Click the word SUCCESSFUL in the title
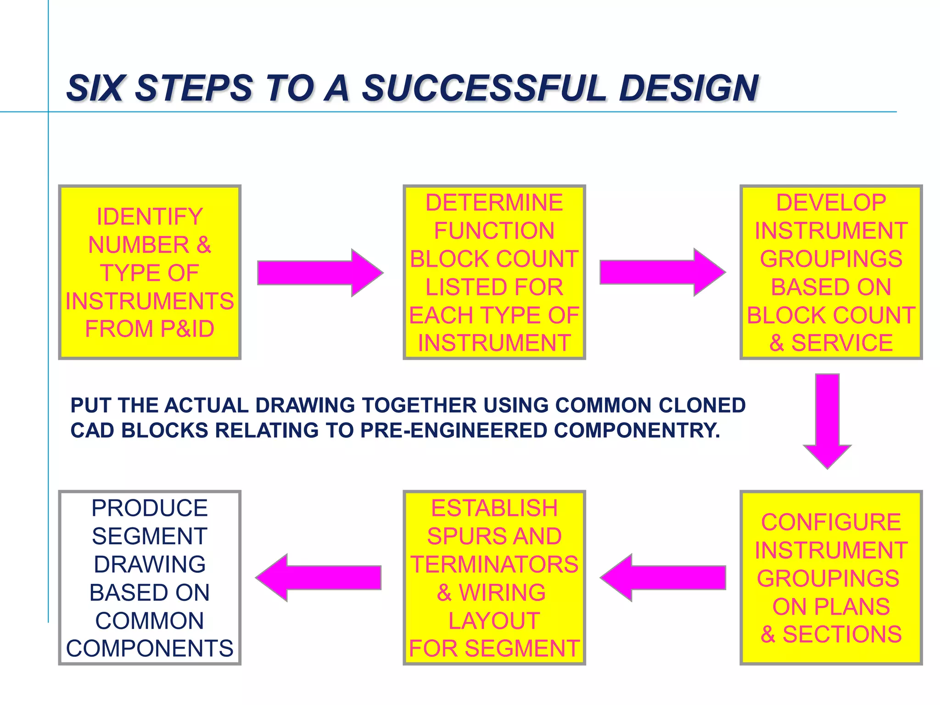pos(484,88)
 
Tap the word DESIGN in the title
pos(688,88)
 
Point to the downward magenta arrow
pos(827,420)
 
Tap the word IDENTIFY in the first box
pos(150,217)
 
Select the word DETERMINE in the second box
pos(494,203)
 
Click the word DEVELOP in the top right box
pos(831,203)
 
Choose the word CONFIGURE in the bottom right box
pos(831,522)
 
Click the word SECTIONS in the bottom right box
pos(842,635)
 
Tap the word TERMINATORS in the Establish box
pos(494,565)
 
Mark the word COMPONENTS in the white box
pos(150,649)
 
